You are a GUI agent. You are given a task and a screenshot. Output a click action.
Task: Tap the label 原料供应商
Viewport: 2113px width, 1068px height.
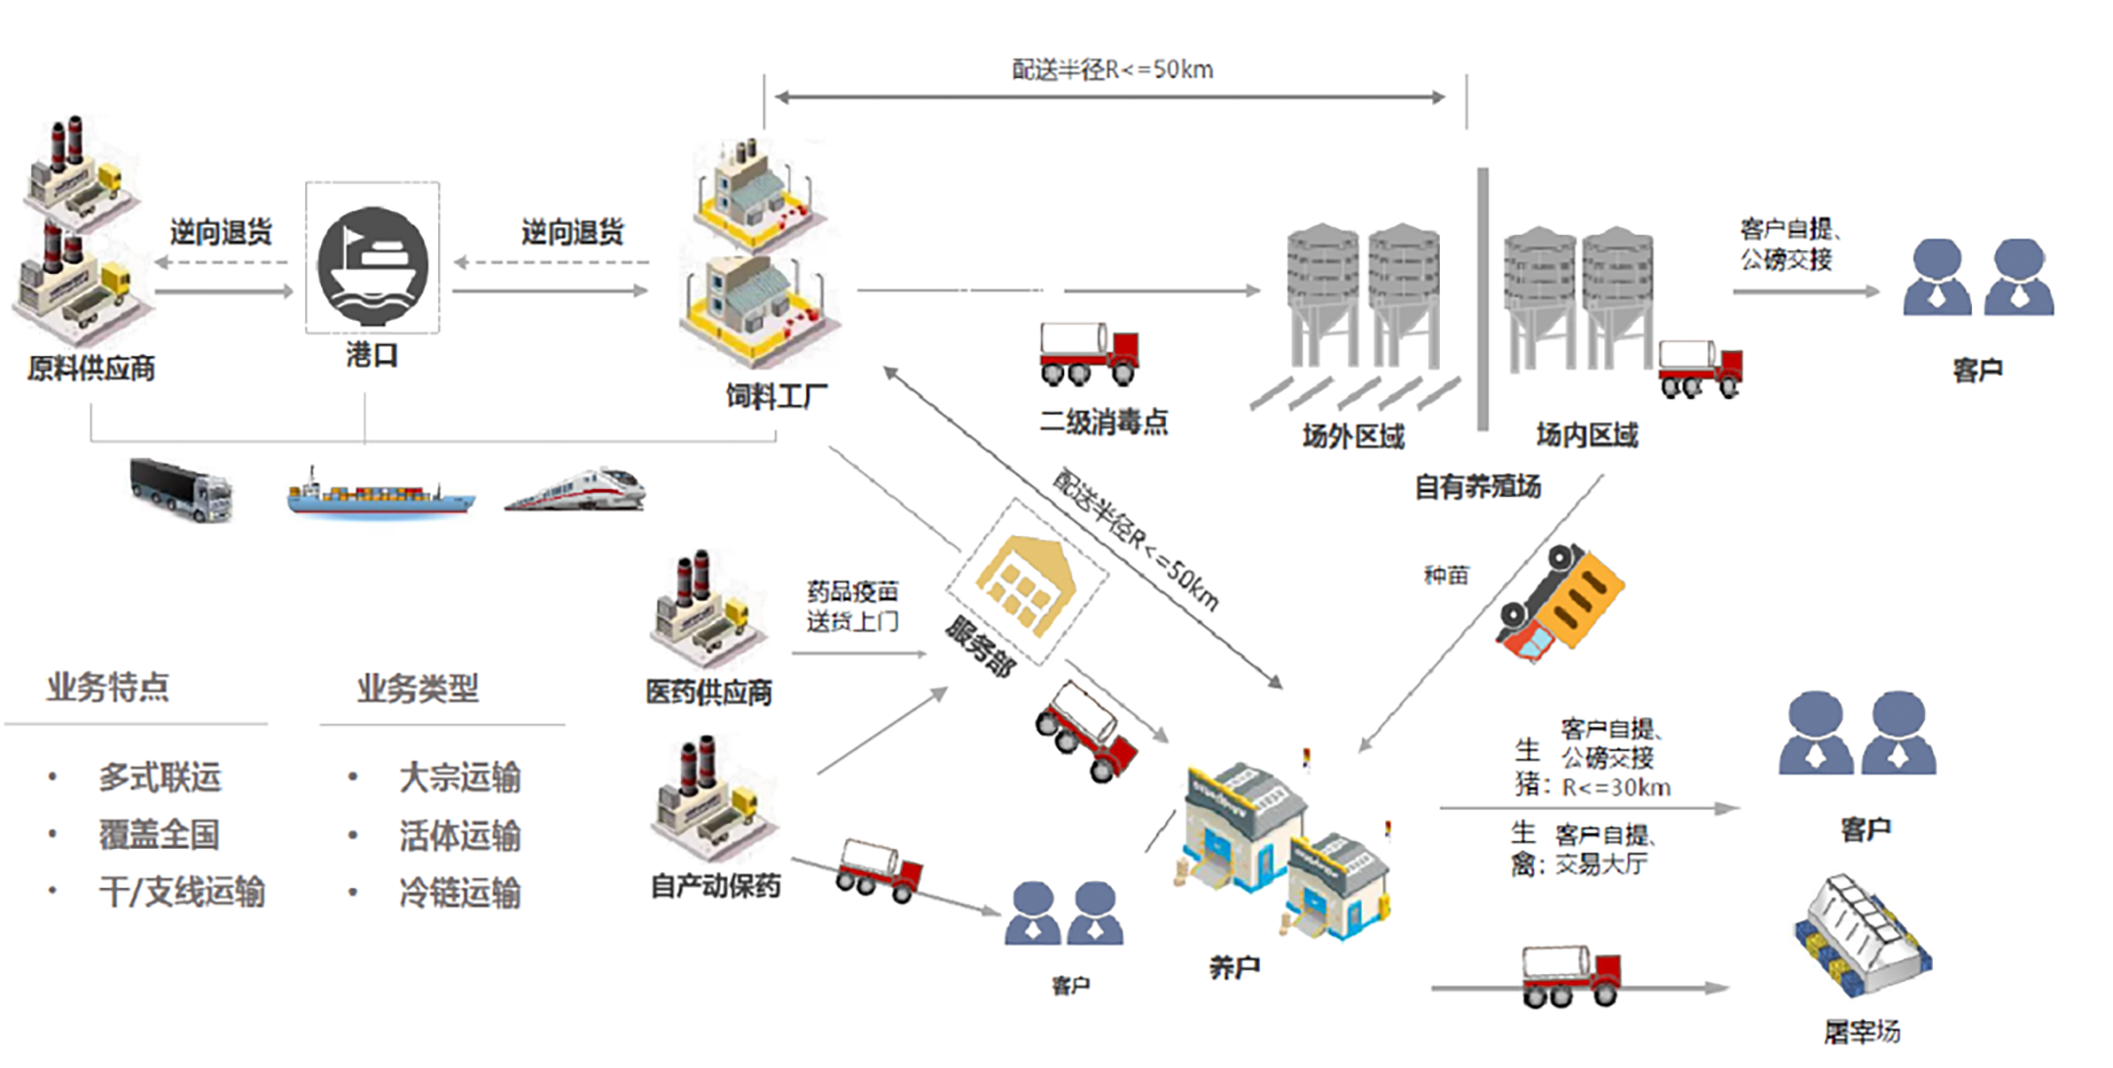point(91,369)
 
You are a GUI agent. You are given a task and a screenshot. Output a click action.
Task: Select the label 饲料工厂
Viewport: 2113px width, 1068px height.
point(776,396)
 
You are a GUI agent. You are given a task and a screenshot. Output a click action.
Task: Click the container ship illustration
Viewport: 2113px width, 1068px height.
point(381,494)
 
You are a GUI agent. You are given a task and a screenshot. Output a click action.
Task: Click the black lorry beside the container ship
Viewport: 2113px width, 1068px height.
point(181,489)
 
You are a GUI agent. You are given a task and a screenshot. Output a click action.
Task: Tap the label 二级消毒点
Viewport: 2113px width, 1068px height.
point(1103,422)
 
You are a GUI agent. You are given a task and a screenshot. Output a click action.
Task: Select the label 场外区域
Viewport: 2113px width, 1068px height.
point(1353,436)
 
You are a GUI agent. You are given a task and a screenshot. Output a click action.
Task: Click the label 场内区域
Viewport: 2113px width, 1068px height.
point(1586,435)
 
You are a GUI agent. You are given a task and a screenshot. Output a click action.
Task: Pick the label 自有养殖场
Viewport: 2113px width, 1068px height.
point(1477,486)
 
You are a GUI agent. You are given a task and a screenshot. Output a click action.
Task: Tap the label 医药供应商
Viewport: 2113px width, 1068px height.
point(708,692)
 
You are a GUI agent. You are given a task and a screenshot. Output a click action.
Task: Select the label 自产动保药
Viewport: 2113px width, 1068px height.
point(715,886)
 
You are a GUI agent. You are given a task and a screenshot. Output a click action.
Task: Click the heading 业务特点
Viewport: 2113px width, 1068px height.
point(108,688)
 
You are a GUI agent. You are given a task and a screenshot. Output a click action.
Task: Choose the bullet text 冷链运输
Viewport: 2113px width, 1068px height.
point(460,893)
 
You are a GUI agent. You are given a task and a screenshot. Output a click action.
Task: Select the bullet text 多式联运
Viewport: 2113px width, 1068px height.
point(160,778)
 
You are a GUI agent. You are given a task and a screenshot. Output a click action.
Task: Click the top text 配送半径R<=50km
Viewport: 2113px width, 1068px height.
point(1112,70)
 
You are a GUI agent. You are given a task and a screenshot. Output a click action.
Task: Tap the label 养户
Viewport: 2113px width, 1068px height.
point(1234,968)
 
